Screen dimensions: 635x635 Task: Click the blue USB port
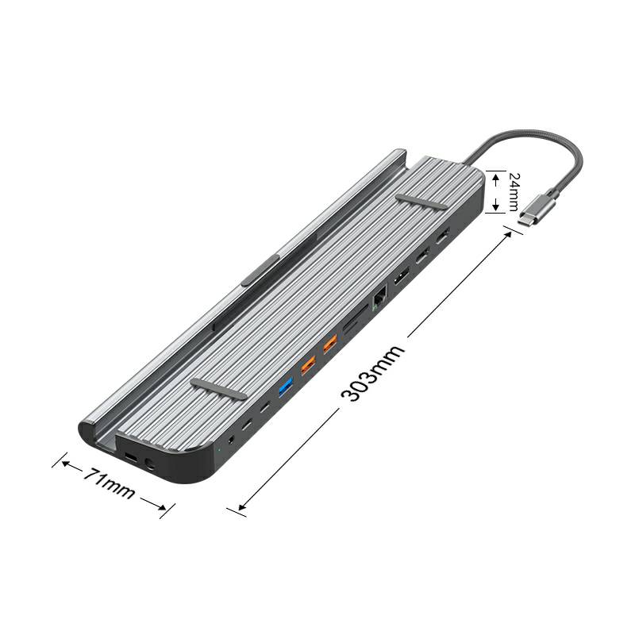coord(286,387)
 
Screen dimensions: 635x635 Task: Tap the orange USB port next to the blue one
coord(308,365)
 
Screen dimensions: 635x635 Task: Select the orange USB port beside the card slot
coord(330,344)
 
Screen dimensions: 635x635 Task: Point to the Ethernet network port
coord(379,298)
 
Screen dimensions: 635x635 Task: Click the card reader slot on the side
coord(355,321)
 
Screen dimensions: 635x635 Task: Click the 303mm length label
coord(373,373)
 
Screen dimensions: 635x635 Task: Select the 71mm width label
coord(109,483)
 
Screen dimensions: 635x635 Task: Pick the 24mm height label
coord(513,192)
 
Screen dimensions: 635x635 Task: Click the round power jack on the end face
coord(149,464)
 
